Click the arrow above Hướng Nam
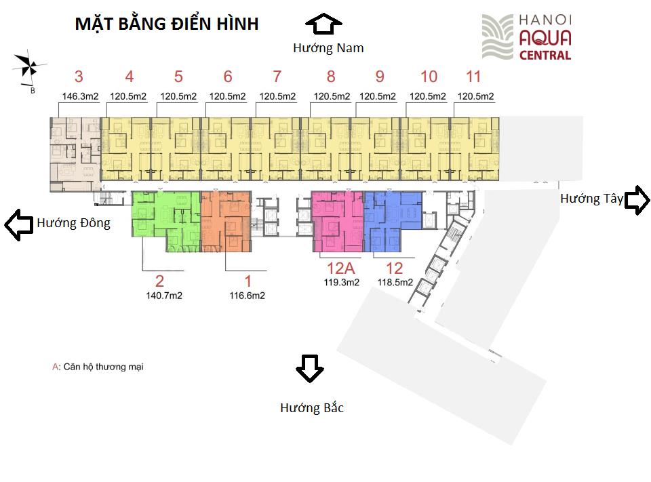tap(323, 24)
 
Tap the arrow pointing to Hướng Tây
tap(637, 200)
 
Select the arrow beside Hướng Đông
tap(19, 224)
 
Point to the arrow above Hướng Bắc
tap(310, 368)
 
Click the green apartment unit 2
tap(166, 221)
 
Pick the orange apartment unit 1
tap(226, 221)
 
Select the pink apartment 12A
tap(338, 221)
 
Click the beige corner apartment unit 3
tap(75, 155)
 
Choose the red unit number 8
tap(331, 77)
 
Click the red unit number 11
tap(473, 77)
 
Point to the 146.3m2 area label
tap(80, 96)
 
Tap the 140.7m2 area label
tap(164, 296)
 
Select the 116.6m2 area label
tap(247, 296)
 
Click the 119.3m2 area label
tap(342, 282)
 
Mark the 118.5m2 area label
tap(395, 282)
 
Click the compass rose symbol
tap(29, 66)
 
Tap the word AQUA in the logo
tap(545, 38)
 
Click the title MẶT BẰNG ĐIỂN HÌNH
tap(167, 24)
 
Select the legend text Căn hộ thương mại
tap(103, 367)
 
